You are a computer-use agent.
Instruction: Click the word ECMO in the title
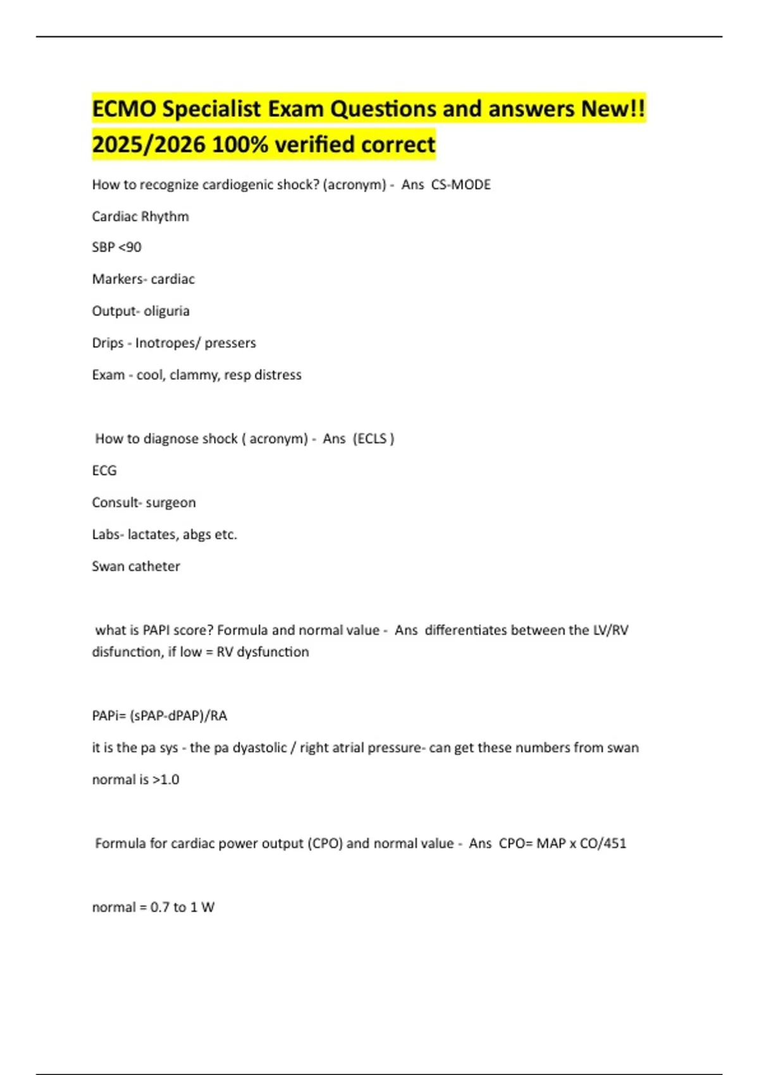coord(124,109)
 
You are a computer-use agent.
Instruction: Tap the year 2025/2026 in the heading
coord(149,145)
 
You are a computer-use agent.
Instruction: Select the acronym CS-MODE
coord(461,185)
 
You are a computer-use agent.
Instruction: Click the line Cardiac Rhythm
coord(140,216)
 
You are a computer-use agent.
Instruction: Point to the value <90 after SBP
coord(130,247)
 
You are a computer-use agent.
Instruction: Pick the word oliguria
coord(166,311)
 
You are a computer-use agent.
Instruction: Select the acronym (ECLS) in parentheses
coord(373,439)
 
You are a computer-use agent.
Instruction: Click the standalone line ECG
coord(104,470)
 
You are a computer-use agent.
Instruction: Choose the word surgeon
coord(171,503)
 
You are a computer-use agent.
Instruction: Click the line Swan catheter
coord(136,567)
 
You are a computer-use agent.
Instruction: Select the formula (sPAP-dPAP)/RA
coord(178,716)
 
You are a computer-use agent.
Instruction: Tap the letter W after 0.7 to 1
coord(207,907)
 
